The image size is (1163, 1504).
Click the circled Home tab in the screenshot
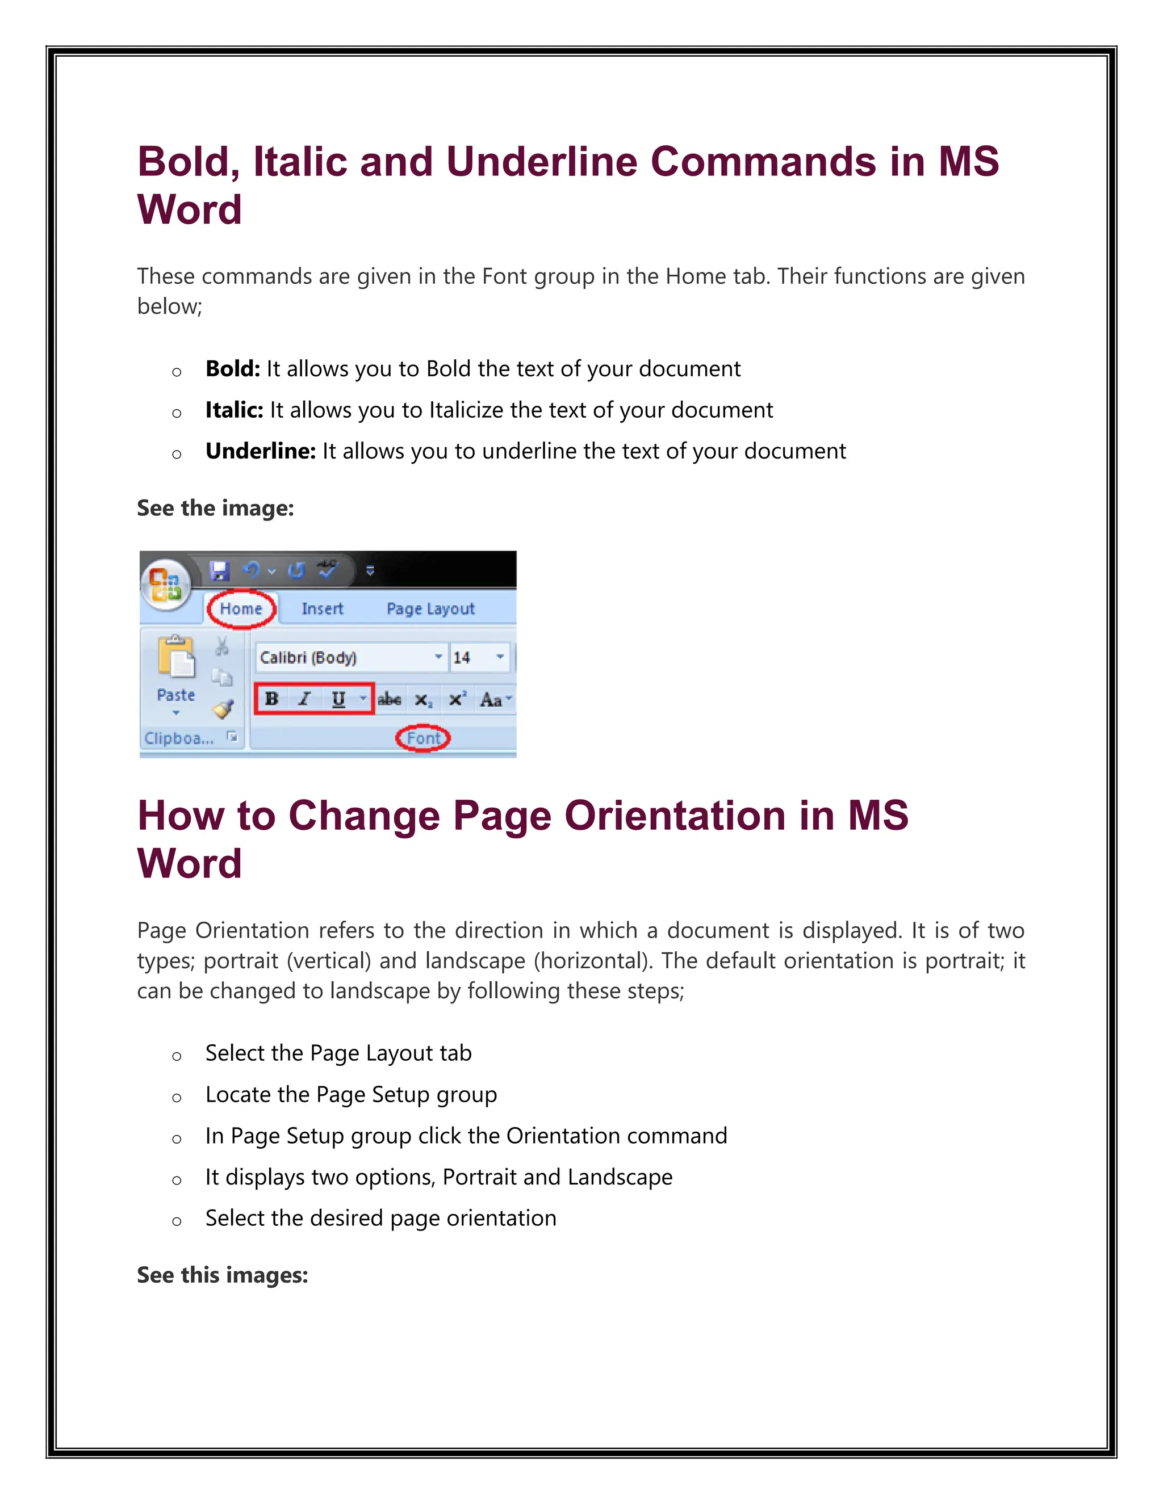pyautogui.click(x=241, y=609)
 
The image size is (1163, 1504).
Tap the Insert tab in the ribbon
pyautogui.click(x=322, y=609)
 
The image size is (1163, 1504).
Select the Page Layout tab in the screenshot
pyautogui.click(x=430, y=609)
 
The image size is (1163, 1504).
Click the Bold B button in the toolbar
pyautogui.click(x=271, y=699)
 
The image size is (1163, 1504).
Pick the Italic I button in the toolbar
pyautogui.click(x=304, y=699)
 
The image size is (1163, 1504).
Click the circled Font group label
pyautogui.click(x=423, y=738)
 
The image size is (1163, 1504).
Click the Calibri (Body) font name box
pyautogui.click(x=342, y=658)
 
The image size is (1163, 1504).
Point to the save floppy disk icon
pyautogui.click(x=220, y=570)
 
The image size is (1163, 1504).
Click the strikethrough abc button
pyautogui.click(x=389, y=700)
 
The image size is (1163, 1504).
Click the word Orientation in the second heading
pyautogui.click(x=675, y=816)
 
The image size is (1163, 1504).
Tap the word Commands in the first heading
pyautogui.click(x=763, y=162)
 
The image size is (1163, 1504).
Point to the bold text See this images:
pyautogui.click(x=222, y=1275)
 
